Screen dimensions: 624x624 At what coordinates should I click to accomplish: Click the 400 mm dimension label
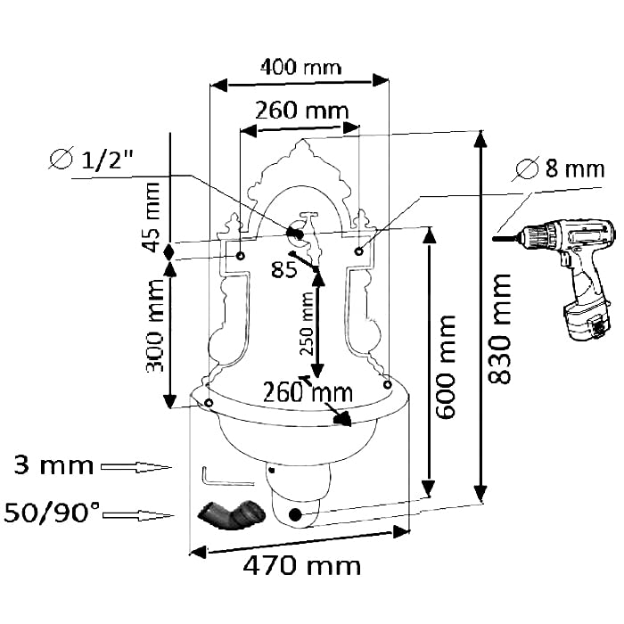pos(301,67)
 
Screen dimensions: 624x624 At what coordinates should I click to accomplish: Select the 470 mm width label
pos(301,565)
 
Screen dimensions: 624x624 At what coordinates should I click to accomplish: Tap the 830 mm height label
pos(499,329)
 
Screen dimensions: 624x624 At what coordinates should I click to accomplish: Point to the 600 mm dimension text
pos(445,366)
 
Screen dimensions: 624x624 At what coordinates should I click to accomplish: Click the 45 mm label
pos(152,217)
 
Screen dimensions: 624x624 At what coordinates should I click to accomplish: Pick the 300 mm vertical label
pos(154,326)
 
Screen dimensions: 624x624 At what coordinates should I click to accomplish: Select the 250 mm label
pos(307,324)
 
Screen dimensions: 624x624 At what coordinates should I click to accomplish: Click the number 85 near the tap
pos(283,269)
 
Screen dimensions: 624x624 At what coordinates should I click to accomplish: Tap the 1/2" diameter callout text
pos(91,160)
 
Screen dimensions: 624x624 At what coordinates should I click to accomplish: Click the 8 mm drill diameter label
pos(561,168)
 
